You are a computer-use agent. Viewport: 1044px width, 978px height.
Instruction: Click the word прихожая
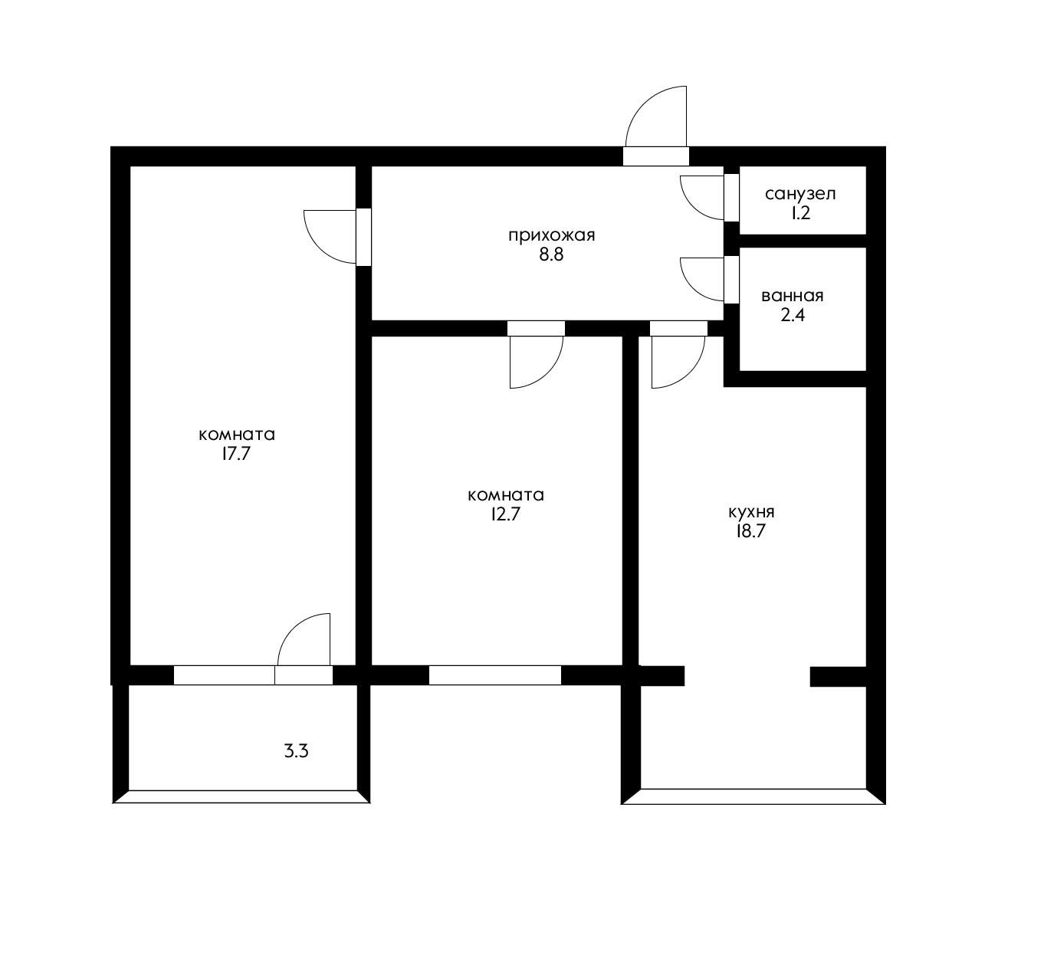point(551,235)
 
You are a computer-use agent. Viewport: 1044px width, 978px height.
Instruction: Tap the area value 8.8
point(551,255)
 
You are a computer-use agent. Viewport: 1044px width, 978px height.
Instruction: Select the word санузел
point(800,194)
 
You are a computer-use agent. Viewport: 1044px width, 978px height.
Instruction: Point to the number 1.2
point(800,214)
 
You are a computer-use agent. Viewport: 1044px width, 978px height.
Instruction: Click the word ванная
point(793,296)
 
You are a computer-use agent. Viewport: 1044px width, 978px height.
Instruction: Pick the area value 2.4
point(793,316)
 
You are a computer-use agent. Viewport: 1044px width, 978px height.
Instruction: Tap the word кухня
point(751,512)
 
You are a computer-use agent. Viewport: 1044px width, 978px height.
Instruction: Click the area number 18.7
point(750,532)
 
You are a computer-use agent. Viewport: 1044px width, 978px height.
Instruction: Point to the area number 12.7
point(505,514)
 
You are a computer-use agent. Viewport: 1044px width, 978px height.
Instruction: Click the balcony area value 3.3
point(296,751)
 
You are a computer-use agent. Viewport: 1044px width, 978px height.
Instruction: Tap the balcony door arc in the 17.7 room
point(294,628)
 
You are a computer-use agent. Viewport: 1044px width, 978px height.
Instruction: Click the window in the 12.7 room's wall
point(495,676)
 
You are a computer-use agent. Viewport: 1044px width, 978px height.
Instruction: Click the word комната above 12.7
point(506,495)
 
